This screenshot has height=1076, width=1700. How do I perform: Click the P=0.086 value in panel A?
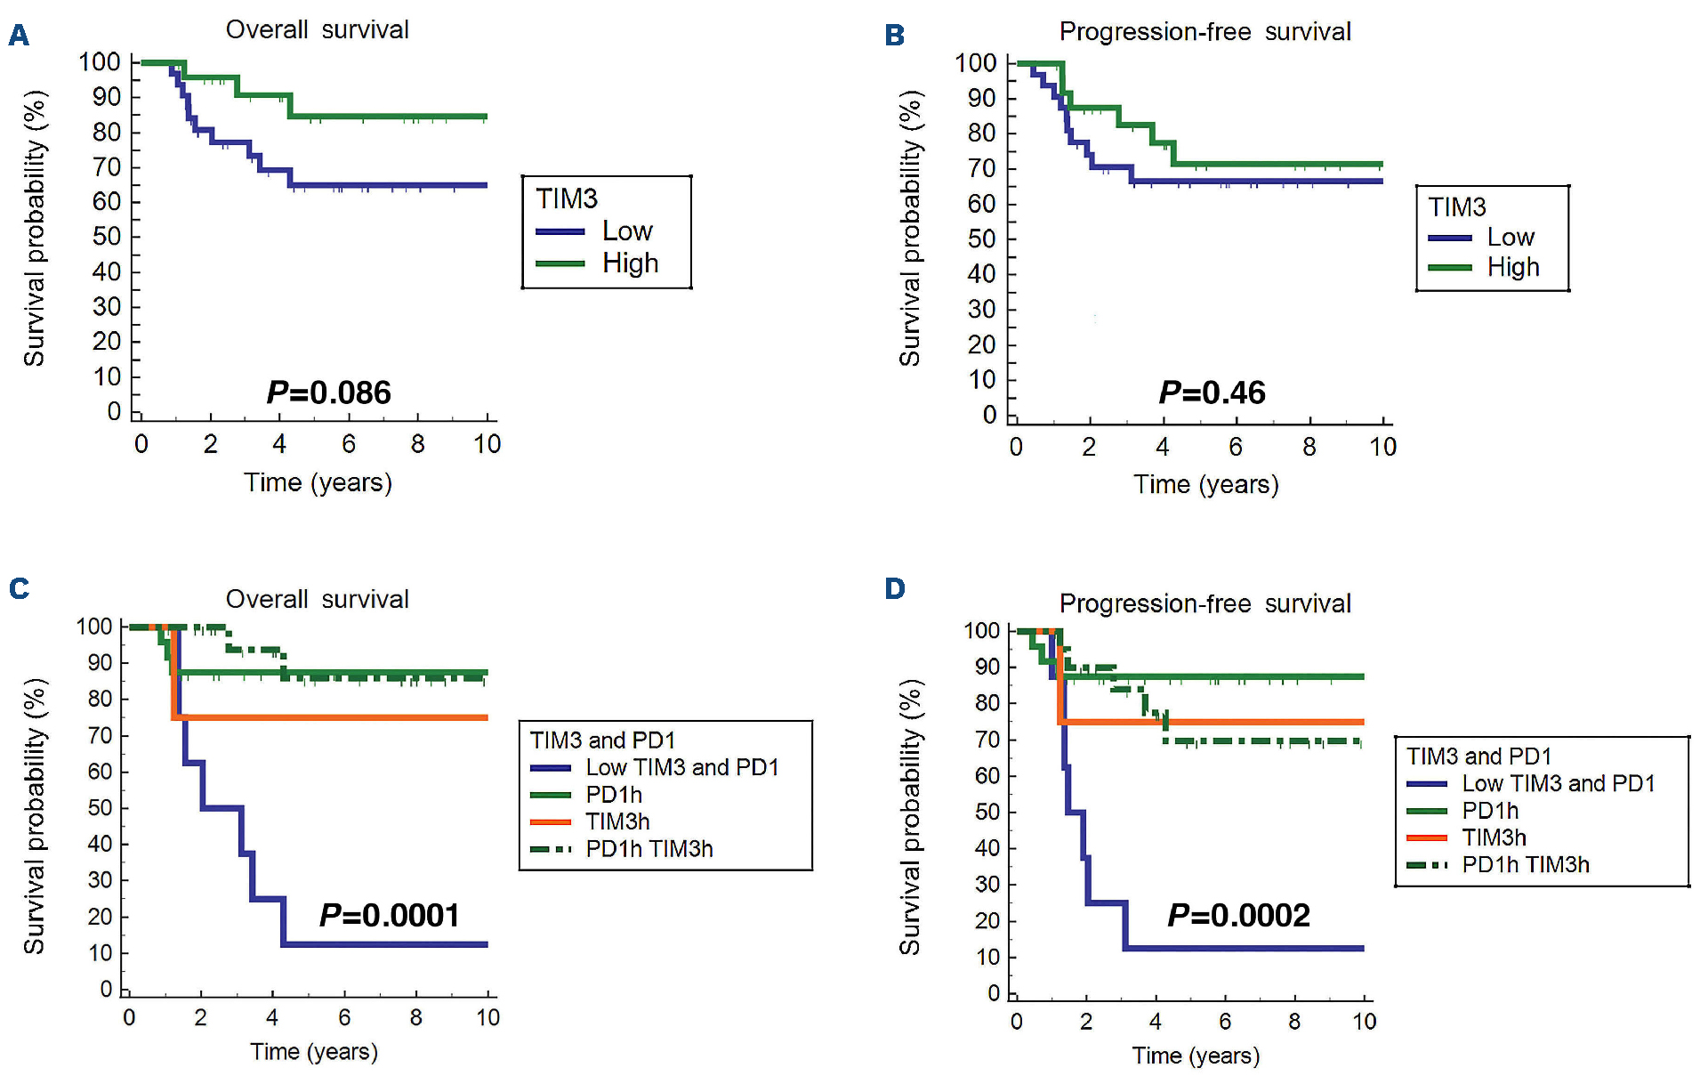click(328, 392)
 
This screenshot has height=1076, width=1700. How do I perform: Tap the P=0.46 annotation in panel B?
click(1212, 392)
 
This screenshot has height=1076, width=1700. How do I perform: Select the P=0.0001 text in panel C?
click(389, 915)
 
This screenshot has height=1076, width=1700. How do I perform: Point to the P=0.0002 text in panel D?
click(1238, 915)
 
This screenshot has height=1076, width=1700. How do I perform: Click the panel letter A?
click(19, 36)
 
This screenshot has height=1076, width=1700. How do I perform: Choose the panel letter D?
click(894, 588)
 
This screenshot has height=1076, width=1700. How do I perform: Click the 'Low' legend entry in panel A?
click(627, 231)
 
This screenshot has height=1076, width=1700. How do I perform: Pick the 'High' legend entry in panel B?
click(1512, 267)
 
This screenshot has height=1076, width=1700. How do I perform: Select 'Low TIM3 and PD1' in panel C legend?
click(681, 767)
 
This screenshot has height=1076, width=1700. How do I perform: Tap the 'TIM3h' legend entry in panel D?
click(1494, 837)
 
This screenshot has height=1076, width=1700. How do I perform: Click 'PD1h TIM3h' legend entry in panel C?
click(649, 849)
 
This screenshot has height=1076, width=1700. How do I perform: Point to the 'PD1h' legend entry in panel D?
click(1490, 811)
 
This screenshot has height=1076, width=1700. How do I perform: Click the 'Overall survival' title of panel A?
click(317, 29)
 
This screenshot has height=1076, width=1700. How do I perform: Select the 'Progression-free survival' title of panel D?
click(1205, 603)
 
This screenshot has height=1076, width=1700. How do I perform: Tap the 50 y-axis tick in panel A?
click(107, 237)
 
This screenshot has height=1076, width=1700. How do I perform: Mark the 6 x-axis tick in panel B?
click(1236, 447)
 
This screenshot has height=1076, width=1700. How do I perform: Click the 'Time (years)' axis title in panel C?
click(314, 1051)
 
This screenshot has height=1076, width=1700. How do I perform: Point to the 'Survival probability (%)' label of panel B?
click(909, 228)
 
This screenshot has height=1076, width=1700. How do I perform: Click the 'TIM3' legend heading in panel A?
click(567, 198)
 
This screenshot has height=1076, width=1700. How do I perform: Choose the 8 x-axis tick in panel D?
click(1294, 1022)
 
